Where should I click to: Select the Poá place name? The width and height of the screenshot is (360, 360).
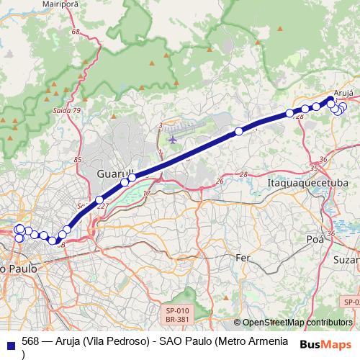coord(314,238)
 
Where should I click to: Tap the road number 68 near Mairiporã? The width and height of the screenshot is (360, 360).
coord(76,32)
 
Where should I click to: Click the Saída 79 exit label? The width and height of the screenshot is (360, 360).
coord(67,110)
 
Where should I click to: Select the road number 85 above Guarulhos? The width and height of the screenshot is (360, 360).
coord(78,158)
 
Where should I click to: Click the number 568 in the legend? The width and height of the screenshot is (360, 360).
coord(30,341)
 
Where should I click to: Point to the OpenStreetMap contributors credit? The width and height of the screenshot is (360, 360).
coord(297,323)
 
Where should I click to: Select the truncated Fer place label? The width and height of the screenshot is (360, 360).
coord(243,257)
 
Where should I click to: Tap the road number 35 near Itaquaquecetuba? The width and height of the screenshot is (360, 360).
coord(313,168)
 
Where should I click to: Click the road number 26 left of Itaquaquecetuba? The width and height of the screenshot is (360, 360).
coord(218,181)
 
